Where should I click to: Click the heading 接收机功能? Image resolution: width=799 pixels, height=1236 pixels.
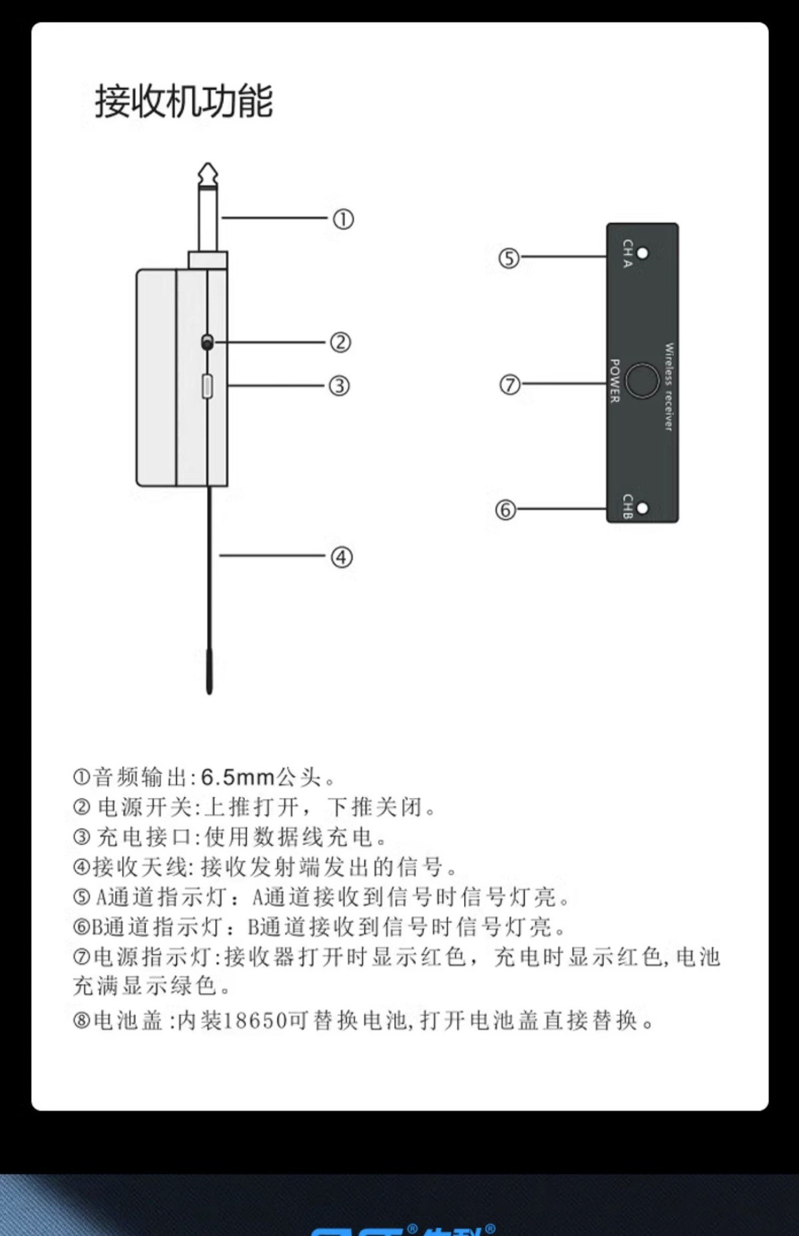coord(184,101)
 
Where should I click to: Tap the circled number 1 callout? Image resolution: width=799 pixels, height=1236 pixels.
coord(342,219)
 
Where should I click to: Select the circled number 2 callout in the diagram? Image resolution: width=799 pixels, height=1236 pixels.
coord(340,342)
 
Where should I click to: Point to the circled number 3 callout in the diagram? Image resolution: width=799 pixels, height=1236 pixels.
coord(339,385)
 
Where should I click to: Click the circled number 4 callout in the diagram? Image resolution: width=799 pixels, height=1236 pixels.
coord(342,557)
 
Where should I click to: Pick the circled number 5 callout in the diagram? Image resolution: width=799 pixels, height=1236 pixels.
coord(509,258)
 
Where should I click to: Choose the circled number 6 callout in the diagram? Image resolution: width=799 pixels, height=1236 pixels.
coord(505,511)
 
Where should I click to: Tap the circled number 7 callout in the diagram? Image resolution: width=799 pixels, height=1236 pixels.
coord(509,385)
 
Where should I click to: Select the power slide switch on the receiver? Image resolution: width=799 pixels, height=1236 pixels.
coord(207,343)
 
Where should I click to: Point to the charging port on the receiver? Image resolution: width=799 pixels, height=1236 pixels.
coord(207,387)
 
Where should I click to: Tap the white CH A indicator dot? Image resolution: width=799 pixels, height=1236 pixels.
coord(643,253)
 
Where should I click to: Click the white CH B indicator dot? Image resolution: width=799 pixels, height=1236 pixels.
coord(642,509)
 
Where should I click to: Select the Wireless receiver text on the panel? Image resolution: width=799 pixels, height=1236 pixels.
coord(668,387)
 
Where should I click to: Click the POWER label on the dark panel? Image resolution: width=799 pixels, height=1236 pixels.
coord(615,381)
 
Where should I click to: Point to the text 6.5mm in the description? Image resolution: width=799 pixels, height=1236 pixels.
coord(238,777)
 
